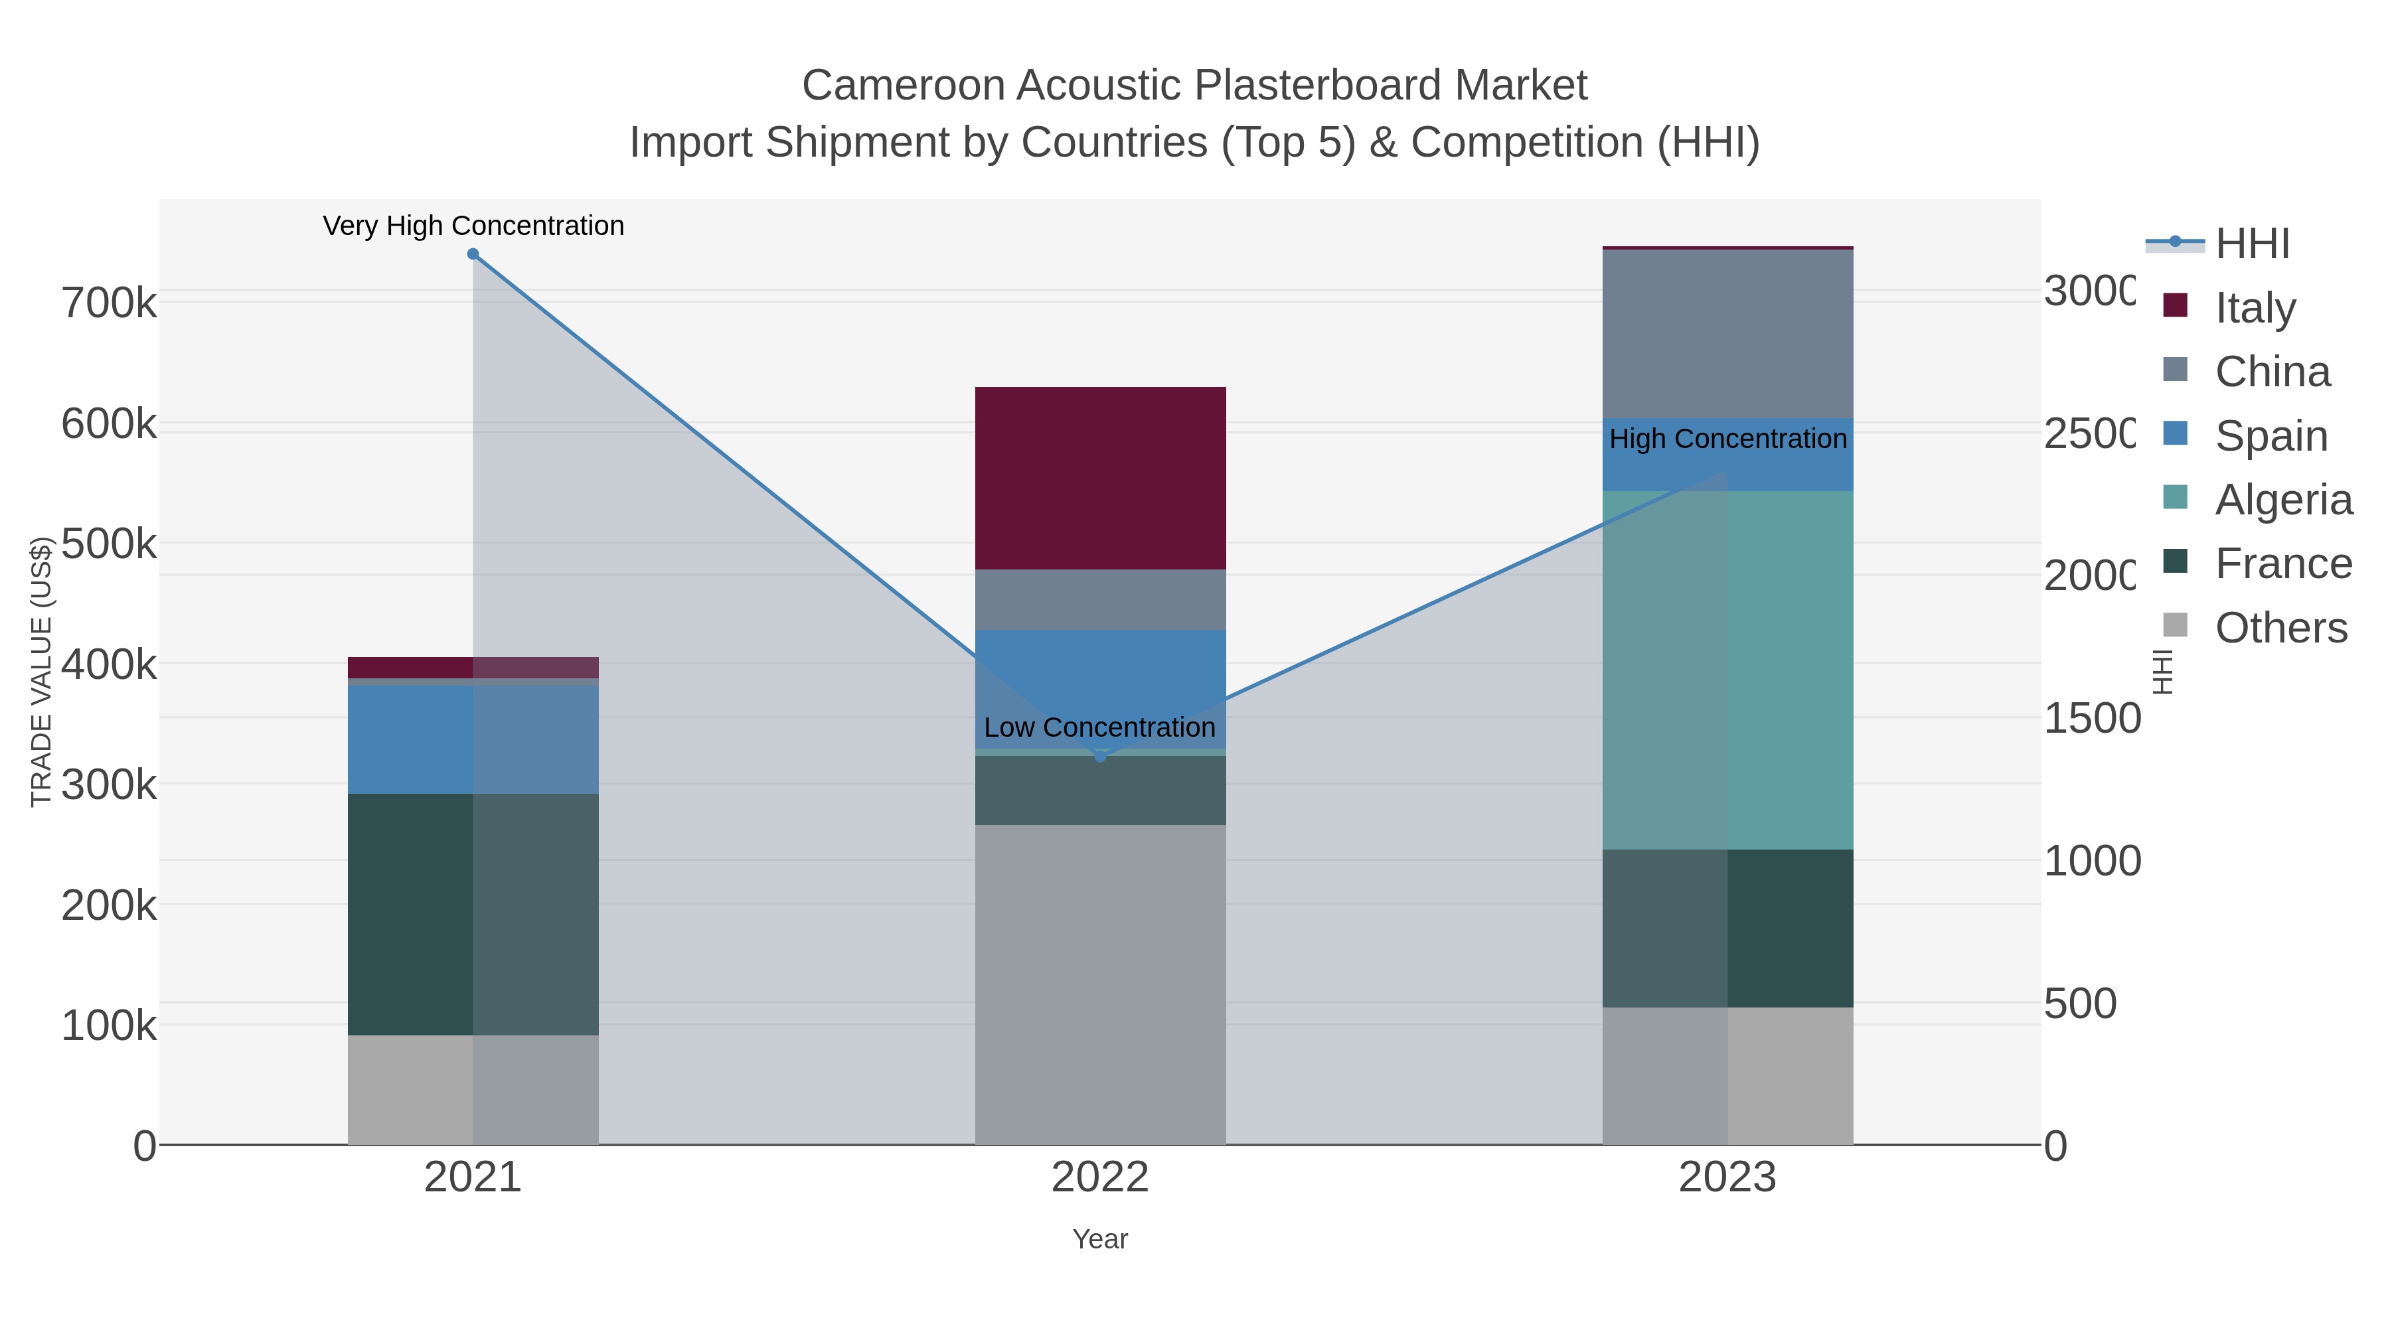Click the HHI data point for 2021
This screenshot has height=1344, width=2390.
[x=473, y=254]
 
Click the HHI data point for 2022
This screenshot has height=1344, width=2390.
[x=1100, y=756]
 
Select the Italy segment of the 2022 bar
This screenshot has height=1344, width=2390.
[x=1100, y=478]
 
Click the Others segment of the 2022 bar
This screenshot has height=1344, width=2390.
[x=1100, y=983]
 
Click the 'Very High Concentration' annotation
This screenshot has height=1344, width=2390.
[x=473, y=226]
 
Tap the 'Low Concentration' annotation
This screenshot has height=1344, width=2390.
[x=1099, y=727]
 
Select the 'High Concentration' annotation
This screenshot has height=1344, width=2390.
[x=1727, y=439]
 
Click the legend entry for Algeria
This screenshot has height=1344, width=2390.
[x=2283, y=500]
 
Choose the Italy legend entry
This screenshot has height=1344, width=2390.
[x=2255, y=308]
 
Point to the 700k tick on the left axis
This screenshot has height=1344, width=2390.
[x=109, y=303]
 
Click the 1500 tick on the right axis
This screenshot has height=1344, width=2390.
[x=2091, y=719]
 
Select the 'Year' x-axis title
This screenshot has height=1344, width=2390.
[x=1100, y=1239]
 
